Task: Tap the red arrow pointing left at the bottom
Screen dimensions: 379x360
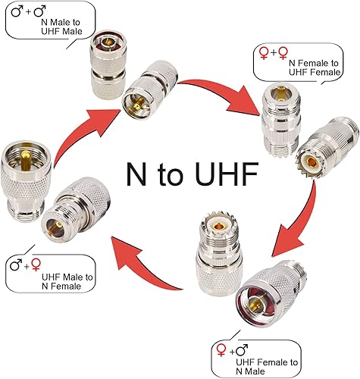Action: [144, 262]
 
